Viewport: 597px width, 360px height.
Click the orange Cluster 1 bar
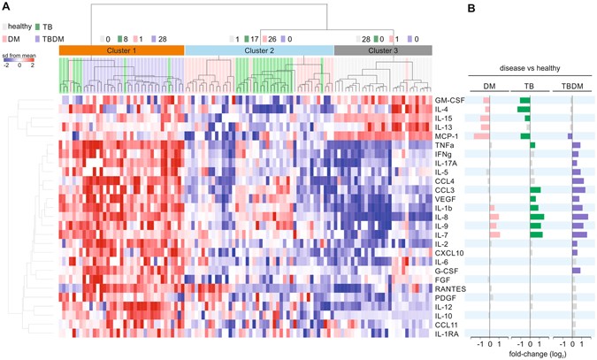(x=121, y=51)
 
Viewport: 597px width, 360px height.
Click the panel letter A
(x=6, y=7)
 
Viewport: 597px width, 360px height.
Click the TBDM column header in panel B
(x=572, y=86)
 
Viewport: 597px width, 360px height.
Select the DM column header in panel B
(x=489, y=86)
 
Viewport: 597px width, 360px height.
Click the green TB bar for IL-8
(x=537, y=216)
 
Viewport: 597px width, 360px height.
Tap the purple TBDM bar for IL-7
(x=579, y=234)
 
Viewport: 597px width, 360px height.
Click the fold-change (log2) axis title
(x=532, y=354)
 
